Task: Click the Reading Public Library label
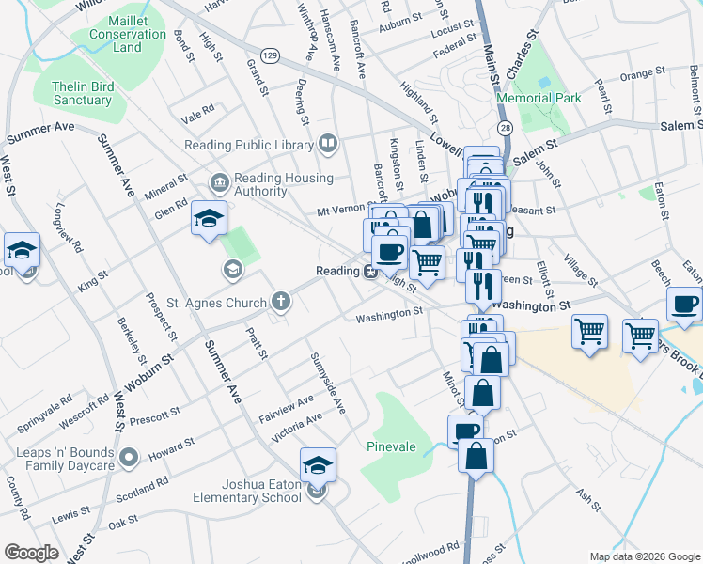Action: pyautogui.click(x=248, y=145)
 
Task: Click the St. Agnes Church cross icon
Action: pyautogui.click(x=279, y=303)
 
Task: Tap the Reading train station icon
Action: pyautogui.click(x=372, y=272)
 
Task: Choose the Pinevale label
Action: pyautogui.click(x=391, y=446)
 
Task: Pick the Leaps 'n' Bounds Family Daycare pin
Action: pyautogui.click(x=130, y=460)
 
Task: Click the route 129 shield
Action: pyautogui.click(x=269, y=56)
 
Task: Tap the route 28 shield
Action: pyautogui.click(x=506, y=127)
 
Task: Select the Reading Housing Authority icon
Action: pyautogui.click(x=219, y=180)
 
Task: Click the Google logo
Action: pyautogui.click(x=31, y=552)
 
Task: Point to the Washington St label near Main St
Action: pyautogui.click(x=531, y=305)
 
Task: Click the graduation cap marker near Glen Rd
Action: pyautogui.click(x=209, y=220)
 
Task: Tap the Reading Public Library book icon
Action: pyautogui.click(x=328, y=144)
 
